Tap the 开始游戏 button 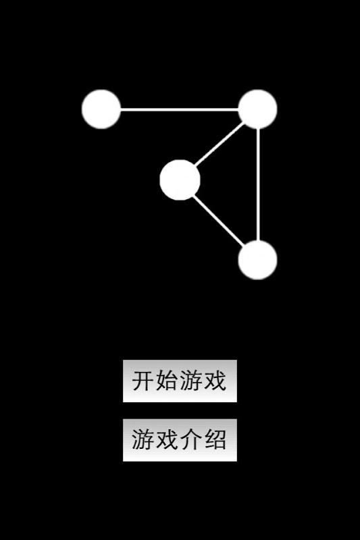point(180,381)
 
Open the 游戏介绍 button point(180,440)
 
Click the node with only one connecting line point(101,109)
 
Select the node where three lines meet point(257,109)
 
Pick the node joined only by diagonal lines point(180,180)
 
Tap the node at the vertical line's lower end point(257,260)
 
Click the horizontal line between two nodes point(179,110)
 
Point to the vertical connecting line point(258,184)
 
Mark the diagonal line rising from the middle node point(220,144)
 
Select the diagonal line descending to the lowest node point(219,221)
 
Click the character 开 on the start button point(143,381)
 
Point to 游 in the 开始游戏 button point(192,381)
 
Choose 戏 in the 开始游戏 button point(215,381)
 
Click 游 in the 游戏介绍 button point(143,440)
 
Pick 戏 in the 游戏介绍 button point(167,440)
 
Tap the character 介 point(192,440)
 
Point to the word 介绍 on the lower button point(203,440)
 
